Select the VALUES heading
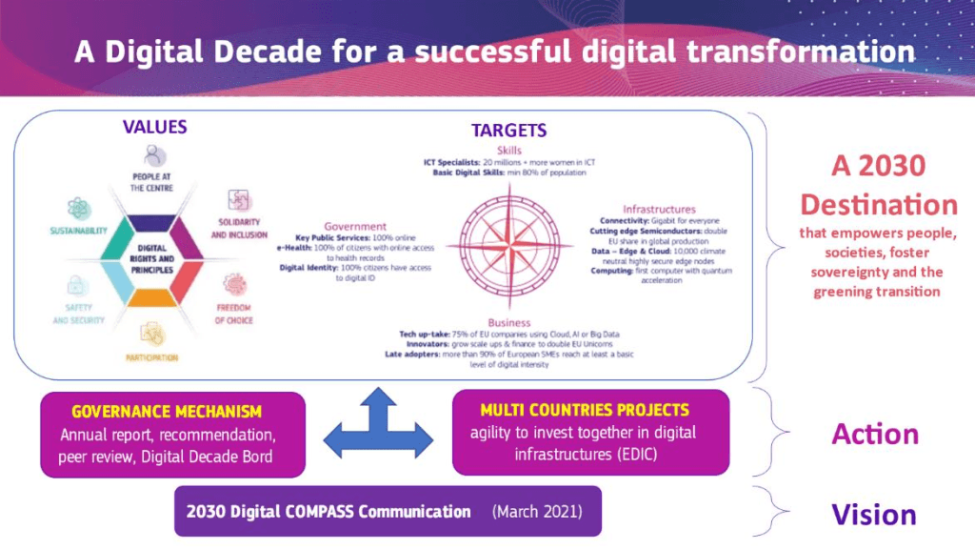tap(155, 127)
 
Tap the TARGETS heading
tap(508, 131)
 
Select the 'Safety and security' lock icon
tap(79, 285)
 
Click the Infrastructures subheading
tap(659, 208)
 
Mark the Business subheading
tap(509, 323)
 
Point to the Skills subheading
tap(509, 150)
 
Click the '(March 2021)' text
tap(533, 512)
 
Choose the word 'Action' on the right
tap(874, 434)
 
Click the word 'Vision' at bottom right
tap(873, 515)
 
